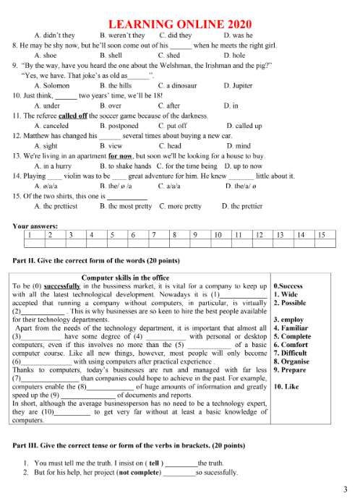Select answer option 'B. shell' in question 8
coord(113,54)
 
